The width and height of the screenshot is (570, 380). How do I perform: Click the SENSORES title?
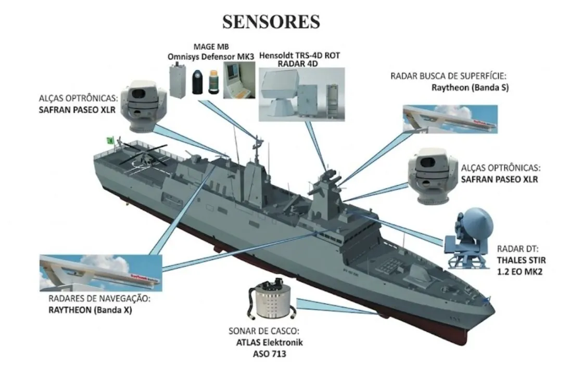pos(271,21)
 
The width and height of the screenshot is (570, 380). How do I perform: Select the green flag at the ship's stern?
pos(110,140)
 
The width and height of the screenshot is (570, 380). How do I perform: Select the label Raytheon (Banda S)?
pos(470,87)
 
